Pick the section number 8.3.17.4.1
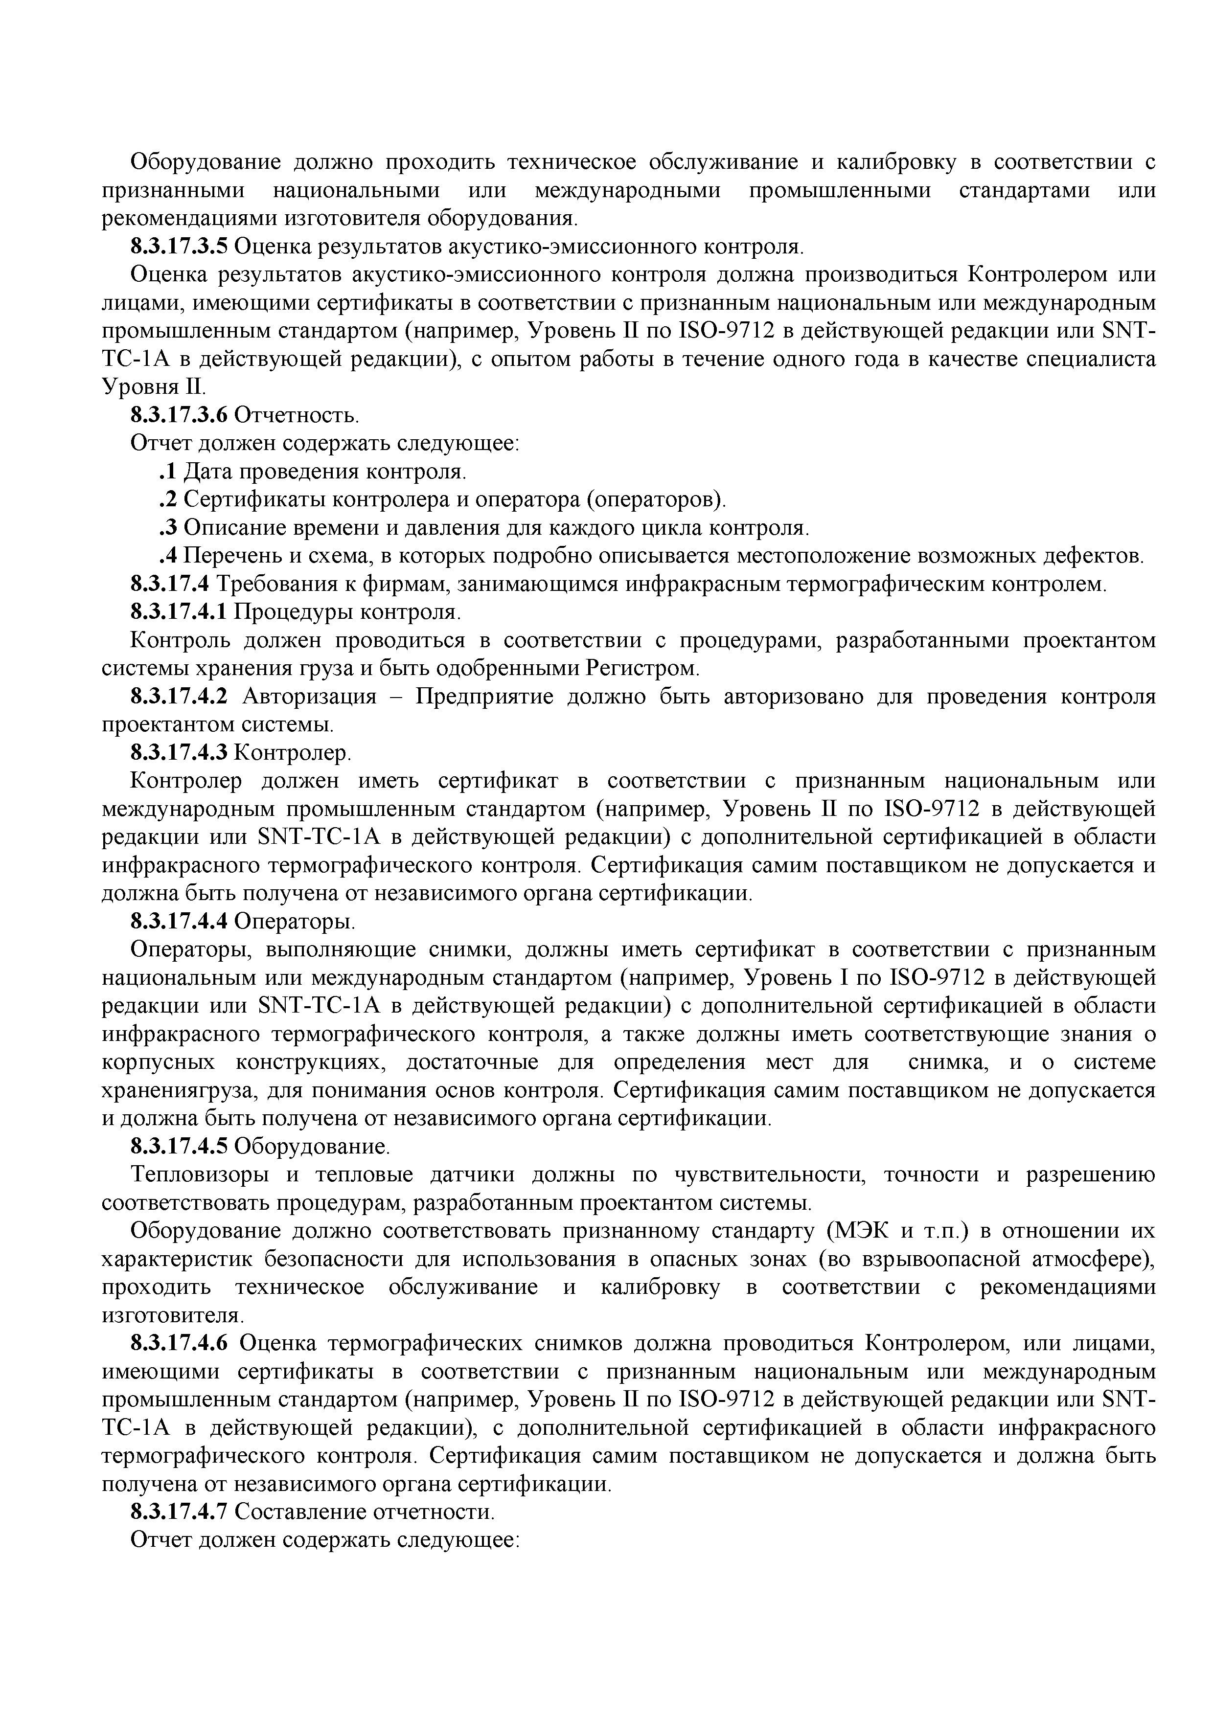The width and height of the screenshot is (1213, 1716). coord(180,613)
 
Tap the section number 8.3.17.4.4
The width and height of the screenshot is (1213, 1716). coord(180,922)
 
